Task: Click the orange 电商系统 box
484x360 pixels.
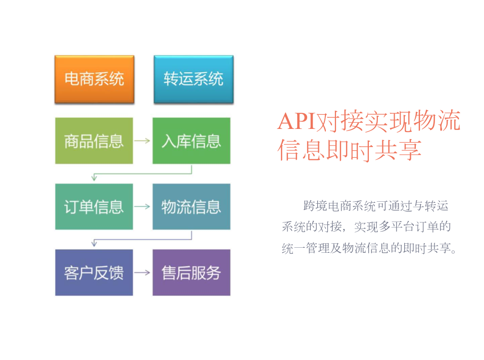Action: click(94, 79)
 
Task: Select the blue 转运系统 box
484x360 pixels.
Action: click(193, 79)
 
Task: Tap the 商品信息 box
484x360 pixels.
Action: click(94, 141)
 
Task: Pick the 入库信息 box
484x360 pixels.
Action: click(191, 141)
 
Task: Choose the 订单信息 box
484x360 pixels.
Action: click(94, 207)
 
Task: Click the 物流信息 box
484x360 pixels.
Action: click(191, 207)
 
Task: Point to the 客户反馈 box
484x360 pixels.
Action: click(94, 273)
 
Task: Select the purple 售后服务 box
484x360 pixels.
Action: click(191, 273)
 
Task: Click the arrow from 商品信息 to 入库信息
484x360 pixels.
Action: click(142, 141)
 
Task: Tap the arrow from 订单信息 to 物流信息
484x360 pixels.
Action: click(142, 206)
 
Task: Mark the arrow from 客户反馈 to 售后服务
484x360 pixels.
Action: click(142, 273)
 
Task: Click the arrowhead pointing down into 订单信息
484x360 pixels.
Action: click(94, 177)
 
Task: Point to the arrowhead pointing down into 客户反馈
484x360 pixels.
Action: click(94, 244)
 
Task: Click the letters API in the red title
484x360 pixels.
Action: click(297, 121)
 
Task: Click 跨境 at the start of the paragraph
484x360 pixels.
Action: click(315, 206)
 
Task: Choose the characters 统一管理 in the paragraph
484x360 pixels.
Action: click(306, 248)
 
